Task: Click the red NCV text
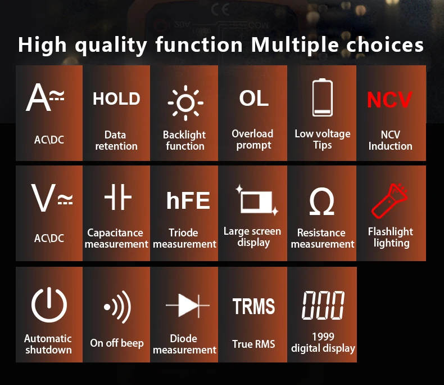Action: [x=389, y=100]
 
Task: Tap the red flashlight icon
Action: [x=389, y=200]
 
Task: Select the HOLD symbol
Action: [x=116, y=99]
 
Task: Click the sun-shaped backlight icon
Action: [x=185, y=102]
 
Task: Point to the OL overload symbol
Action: [x=253, y=99]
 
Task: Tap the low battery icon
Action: [x=323, y=97]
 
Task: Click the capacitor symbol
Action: [x=118, y=197]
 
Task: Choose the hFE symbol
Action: [x=188, y=200]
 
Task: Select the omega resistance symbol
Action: [x=322, y=201]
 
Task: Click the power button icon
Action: [x=49, y=305]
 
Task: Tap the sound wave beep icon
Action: [x=118, y=307]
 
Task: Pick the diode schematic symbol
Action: [x=188, y=306]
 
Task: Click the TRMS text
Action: [x=253, y=306]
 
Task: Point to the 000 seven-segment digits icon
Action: [x=323, y=305]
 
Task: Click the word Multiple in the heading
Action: [x=295, y=45]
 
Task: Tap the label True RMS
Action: [x=253, y=344]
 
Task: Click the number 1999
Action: [x=323, y=337]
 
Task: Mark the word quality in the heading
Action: [x=111, y=46]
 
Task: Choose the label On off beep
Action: [x=117, y=343]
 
